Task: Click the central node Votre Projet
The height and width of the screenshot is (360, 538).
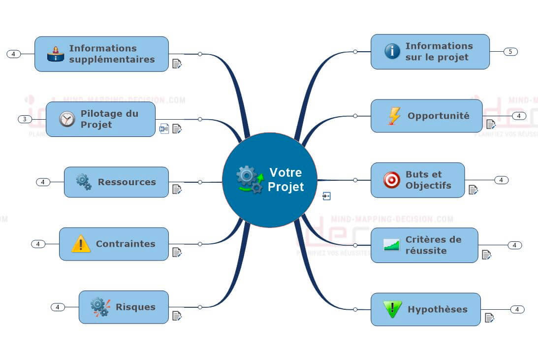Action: click(x=269, y=180)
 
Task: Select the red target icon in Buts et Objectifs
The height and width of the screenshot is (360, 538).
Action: click(x=392, y=180)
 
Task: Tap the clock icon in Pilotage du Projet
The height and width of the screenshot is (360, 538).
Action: click(x=67, y=119)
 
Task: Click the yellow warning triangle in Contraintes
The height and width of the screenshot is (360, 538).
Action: click(x=81, y=244)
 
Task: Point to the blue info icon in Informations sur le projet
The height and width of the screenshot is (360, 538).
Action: click(x=392, y=51)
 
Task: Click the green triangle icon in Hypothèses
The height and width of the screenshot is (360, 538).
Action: click(x=392, y=309)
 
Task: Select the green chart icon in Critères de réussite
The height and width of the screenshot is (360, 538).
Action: click(x=391, y=245)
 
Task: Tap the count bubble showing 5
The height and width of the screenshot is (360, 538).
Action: click(x=510, y=52)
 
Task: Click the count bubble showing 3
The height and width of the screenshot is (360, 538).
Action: click(x=25, y=119)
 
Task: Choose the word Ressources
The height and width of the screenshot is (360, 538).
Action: click(x=127, y=182)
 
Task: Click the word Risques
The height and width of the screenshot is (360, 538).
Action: click(x=135, y=307)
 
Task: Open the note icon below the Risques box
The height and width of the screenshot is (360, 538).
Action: click(x=177, y=315)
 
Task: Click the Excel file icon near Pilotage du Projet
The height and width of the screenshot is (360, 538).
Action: click(x=164, y=129)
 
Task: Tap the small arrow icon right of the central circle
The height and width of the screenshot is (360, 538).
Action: click(x=326, y=196)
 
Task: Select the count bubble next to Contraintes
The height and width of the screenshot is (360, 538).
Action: click(x=38, y=244)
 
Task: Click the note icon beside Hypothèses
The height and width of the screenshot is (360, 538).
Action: click(x=489, y=318)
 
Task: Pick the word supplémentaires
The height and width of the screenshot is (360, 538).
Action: click(x=112, y=59)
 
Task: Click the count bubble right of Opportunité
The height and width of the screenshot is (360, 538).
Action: click(x=519, y=116)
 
